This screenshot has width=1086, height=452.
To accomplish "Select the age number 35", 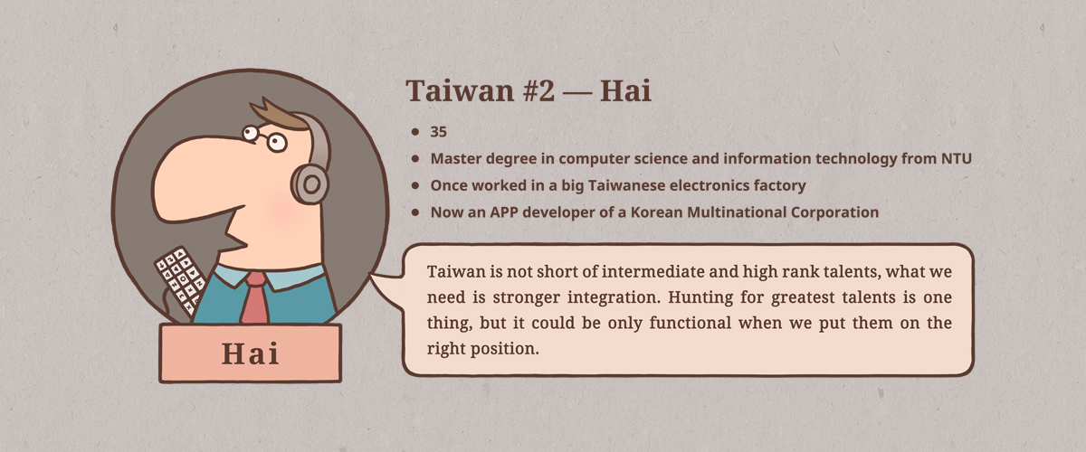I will [439, 132].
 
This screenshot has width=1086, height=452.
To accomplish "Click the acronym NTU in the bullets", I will [955, 158].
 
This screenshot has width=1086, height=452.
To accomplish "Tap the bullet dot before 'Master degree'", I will [414, 158].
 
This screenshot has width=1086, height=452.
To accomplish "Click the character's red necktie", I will [255, 299].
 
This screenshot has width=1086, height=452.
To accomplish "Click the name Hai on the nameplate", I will [250, 354].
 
